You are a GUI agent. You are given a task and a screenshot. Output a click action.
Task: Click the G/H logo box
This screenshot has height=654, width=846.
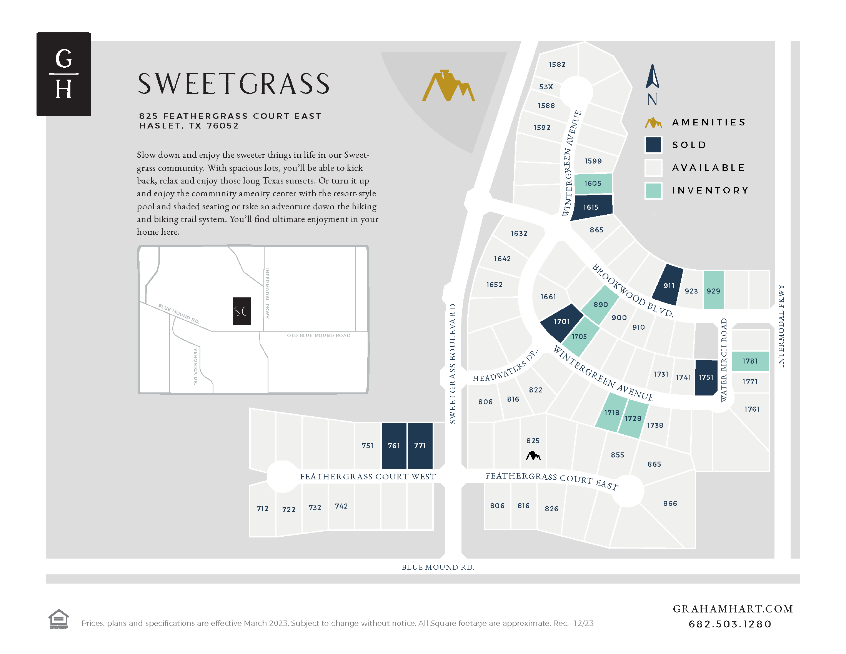click(x=63, y=74)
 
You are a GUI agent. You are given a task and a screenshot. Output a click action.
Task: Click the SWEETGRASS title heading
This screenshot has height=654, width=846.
click(x=233, y=84)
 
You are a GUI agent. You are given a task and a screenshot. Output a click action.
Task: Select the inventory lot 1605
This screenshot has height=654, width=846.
click(x=593, y=184)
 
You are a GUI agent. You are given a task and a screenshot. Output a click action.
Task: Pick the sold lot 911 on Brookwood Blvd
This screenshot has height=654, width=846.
click(x=668, y=285)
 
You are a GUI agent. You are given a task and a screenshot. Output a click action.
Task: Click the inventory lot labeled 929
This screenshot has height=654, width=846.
click(x=713, y=290)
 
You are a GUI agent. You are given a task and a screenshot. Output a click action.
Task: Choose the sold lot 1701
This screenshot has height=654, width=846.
click(x=561, y=322)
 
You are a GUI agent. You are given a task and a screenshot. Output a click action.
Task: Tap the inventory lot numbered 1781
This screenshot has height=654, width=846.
click(x=750, y=361)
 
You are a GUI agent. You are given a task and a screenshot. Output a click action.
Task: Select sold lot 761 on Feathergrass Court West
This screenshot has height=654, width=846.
click(x=394, y=445)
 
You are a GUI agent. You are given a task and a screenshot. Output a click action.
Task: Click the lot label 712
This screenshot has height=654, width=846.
click(x=263, y=508)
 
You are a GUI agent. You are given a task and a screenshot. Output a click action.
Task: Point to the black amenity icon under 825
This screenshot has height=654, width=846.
click(x=533, y=455)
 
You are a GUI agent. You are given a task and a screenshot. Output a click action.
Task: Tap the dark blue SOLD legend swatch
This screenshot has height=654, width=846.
click(x=653, y=145)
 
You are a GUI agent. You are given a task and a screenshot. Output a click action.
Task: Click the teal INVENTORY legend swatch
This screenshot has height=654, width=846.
click(x=653, y=190)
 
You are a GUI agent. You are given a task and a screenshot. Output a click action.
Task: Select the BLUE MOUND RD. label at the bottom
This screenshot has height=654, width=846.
click(x=438, y=567)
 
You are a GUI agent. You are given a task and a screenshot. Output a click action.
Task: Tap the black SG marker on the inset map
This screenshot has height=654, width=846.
click(x=242, y=311)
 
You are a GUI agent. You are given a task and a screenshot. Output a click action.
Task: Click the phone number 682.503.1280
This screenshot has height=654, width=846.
click(x=730, y=624)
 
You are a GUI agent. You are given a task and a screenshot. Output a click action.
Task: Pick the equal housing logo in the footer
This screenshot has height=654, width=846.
click(x=58, y=619)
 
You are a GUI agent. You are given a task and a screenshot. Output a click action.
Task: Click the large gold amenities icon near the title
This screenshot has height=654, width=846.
click(x=448, y=86)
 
